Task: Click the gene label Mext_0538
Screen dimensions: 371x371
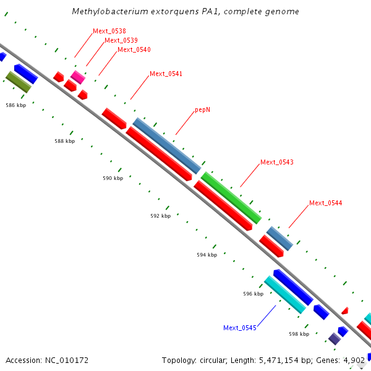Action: [109, 31]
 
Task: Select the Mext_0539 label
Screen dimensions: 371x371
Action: [121, 41]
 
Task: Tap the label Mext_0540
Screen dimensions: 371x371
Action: [134, 50]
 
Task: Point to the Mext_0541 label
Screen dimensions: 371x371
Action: [166, 74]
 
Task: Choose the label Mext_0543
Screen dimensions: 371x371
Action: [277, 163]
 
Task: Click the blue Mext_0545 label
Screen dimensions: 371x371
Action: [240, 328]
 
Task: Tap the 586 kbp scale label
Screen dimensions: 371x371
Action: [16, 106]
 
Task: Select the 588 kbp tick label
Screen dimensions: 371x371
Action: [65, 142]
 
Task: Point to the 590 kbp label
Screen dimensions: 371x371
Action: [113, 179]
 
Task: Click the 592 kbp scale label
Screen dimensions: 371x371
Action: [160, 216]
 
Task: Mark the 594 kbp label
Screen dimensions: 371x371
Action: [207, 255]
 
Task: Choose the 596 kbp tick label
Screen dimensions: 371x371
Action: [254, 294]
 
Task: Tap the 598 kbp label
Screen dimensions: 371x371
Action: [299, 334]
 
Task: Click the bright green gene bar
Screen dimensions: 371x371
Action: [231, 198]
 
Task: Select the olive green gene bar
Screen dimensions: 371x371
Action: [19, 82]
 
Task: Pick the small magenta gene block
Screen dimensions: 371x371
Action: [77, 77]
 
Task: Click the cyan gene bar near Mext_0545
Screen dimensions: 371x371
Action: [285, 294]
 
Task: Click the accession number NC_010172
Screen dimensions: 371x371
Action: [47, 360]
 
